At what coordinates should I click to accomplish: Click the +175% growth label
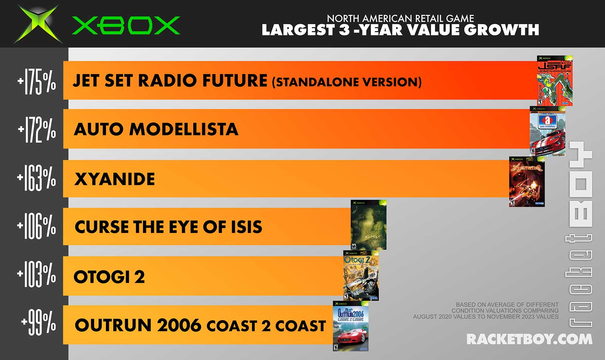(x=37, y=81)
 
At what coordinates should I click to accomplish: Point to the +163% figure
(x=36, y=178)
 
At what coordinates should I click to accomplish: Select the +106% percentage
(x=36, y=226)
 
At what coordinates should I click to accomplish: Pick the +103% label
(x=36, y=274)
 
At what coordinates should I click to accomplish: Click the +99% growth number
(x=39, y=322)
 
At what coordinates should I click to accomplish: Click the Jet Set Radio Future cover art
(x=555, y=81)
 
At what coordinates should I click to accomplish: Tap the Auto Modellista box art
(x=548, y=131)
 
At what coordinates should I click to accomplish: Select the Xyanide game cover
(x=527, y=182)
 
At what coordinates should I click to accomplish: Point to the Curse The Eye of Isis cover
(x=368, y=225)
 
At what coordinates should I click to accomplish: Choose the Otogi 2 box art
(x=361, y=275)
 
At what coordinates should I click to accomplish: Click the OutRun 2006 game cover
(x=351, y=326)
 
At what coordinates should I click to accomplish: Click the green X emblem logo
(x=38, y=24)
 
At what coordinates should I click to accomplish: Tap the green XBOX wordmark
(x=126, y=25)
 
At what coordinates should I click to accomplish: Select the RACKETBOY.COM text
(x=529, y=339)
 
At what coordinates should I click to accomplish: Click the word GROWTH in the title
(x=503, y=30)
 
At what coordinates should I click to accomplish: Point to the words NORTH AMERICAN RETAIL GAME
(x=400, y=19)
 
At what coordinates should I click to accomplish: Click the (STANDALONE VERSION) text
(x=347, y=82)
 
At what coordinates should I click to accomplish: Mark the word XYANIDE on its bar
(x=115, y=179)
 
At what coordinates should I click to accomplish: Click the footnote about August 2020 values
(x=486, y=310)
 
